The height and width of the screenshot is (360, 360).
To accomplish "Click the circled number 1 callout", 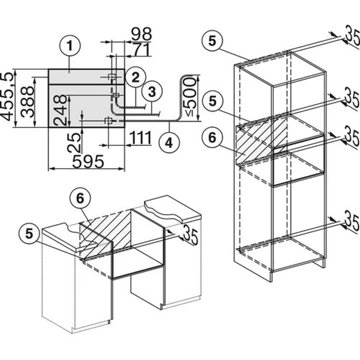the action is (x=69, y=47).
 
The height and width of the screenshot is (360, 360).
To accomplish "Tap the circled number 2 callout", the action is (x=135, y=78).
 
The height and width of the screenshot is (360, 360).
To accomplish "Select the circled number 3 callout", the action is (x=152, y=92).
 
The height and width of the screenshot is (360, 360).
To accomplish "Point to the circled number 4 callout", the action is (x=169, y=143).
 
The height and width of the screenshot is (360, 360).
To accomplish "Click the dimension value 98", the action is (x=141, y=34).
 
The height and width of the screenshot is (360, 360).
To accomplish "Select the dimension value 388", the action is (x=27, y=101).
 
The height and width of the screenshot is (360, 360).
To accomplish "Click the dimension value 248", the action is (x=61, y=110).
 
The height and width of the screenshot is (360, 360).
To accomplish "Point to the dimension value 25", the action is (x=75, y=142).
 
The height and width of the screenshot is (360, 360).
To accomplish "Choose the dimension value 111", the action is (x=139, y=138).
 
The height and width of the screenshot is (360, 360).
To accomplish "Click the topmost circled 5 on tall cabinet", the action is (x=213, y=41).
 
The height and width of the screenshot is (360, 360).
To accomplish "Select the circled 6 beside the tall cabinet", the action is (x=212, y=138).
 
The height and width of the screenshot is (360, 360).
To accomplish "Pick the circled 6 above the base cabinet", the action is (x=79, y=199).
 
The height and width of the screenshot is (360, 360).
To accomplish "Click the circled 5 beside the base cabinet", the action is (x=30, y=234).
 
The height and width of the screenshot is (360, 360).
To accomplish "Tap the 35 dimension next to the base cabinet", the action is (x=190, y=234).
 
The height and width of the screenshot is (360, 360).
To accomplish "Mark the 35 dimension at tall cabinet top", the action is (x=352, y=35).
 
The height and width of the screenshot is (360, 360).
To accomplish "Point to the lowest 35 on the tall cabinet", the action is (x=352, y=221).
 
